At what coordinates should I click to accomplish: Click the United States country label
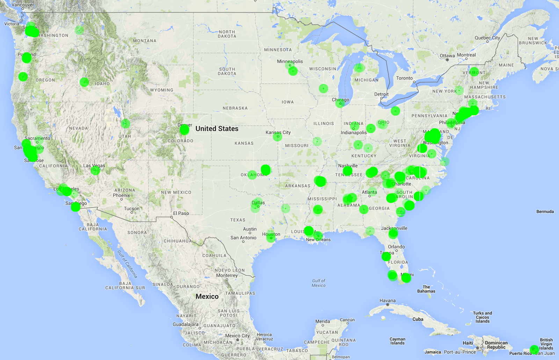click(x=217, y=129)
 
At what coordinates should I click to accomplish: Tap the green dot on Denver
click(x=184, y=130)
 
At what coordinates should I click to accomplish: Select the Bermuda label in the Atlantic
click(x=545, y=211)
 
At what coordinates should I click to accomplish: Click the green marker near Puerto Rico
click(x=534, y=349)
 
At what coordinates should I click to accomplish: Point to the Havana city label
click(x=387, y=301)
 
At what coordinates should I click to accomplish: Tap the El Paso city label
click(x=181, y=213)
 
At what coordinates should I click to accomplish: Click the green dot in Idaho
click(x=84, y=82)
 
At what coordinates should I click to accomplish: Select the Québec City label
click(x=487, y=38)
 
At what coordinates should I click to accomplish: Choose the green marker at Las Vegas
click(x=95, y=170)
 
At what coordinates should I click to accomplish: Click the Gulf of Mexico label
click(x=318, y=283)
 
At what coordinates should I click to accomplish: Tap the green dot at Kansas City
click(x=277, y=136)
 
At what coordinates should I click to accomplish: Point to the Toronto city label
click(x=404, y=78)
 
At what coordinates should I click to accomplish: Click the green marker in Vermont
click(x=474, y=72)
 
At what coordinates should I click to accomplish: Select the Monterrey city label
click(x=227, y=275)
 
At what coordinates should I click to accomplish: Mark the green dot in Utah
click(x=125, y=123)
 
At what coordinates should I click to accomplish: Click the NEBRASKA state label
click(x=235, y=108)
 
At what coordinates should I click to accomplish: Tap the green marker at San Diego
click(x=75, y=207)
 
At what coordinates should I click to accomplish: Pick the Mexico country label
click(x=207, y=296)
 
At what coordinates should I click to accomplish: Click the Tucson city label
click(x=131, y=209)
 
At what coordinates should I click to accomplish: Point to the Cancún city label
click(x=347, y=320)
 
